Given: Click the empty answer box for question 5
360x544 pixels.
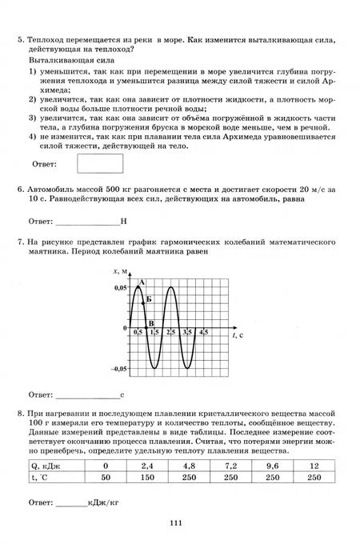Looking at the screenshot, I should [100, 163].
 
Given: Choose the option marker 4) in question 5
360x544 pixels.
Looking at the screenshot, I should [33, 137].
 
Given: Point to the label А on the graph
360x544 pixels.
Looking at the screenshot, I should [142, 282].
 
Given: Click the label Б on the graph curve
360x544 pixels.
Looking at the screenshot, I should [150, 298].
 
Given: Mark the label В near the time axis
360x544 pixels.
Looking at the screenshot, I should [151, 323].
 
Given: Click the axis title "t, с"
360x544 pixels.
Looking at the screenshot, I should [238, 336].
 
